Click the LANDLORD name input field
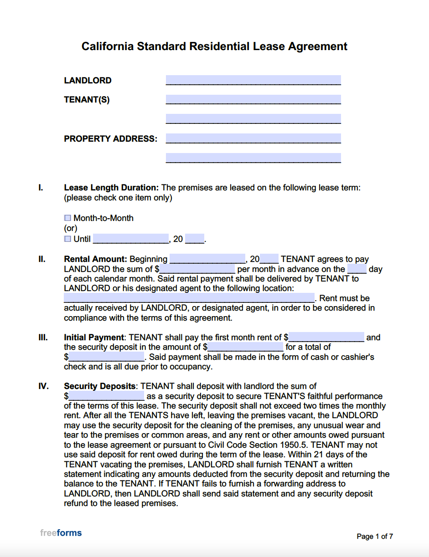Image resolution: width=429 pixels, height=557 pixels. [x=253, y=80]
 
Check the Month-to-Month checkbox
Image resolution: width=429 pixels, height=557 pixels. [x=68, y=218]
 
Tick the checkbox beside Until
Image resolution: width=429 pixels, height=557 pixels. [x=68, y=239]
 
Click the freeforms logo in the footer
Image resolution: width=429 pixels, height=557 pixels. [x=61, y=532]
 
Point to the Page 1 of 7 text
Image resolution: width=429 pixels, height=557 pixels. [x=375, y=537]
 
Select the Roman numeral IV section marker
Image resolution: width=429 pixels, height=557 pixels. [x=43, y=386]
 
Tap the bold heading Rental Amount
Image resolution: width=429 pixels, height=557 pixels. [x=95, y=259]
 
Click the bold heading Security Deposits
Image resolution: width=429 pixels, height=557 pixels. [x=99, y=386]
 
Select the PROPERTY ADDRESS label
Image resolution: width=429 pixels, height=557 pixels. [x=110, y=139]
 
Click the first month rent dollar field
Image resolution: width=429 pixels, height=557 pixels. [x=326, y=337]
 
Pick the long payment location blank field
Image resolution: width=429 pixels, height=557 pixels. [x=189, y=298]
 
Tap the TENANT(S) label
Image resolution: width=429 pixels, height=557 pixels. [x=87, y=100]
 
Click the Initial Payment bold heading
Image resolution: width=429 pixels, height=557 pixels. [x=94, y=337]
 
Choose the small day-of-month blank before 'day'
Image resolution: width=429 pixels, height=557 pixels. [x=357, y=269]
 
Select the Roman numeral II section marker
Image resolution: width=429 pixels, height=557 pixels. [x=42, y=259]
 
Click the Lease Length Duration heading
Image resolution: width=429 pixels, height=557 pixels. [x=111, y=188]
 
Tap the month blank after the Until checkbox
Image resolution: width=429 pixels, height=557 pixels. [x=131, y=239]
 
